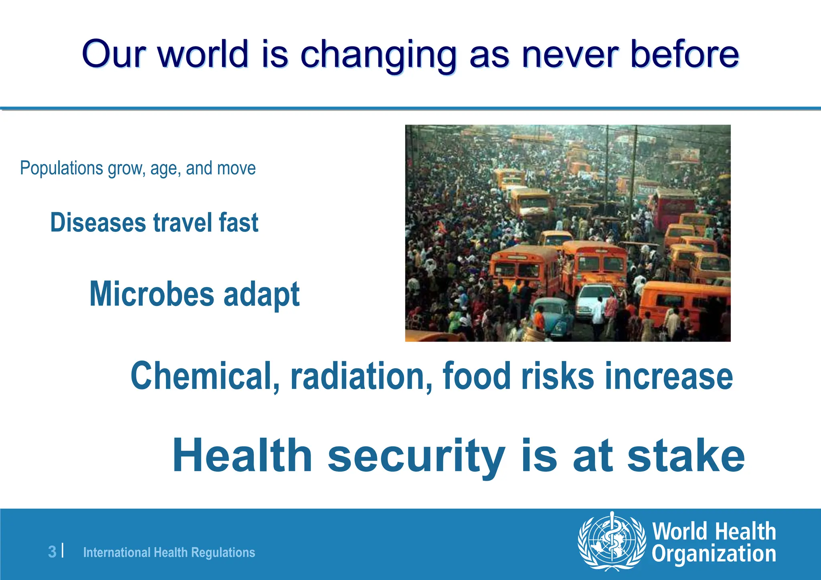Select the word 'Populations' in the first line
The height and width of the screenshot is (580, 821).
pos(61,168)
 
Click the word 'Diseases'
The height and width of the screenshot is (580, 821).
pos(98,223)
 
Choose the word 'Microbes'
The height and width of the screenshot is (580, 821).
pos(152,294)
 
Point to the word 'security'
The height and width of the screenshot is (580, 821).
pos(416,457)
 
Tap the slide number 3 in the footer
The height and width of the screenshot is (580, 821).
pos(52,552)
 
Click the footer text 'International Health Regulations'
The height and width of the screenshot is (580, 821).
pos(169,552)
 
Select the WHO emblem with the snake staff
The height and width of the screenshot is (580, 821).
pos(612,541)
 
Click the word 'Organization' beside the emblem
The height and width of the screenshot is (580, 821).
pos(714,554)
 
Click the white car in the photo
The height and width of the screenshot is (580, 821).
pos(593,298)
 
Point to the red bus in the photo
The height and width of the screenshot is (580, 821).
pos(673,208)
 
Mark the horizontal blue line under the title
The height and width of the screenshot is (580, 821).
pos(410,108)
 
